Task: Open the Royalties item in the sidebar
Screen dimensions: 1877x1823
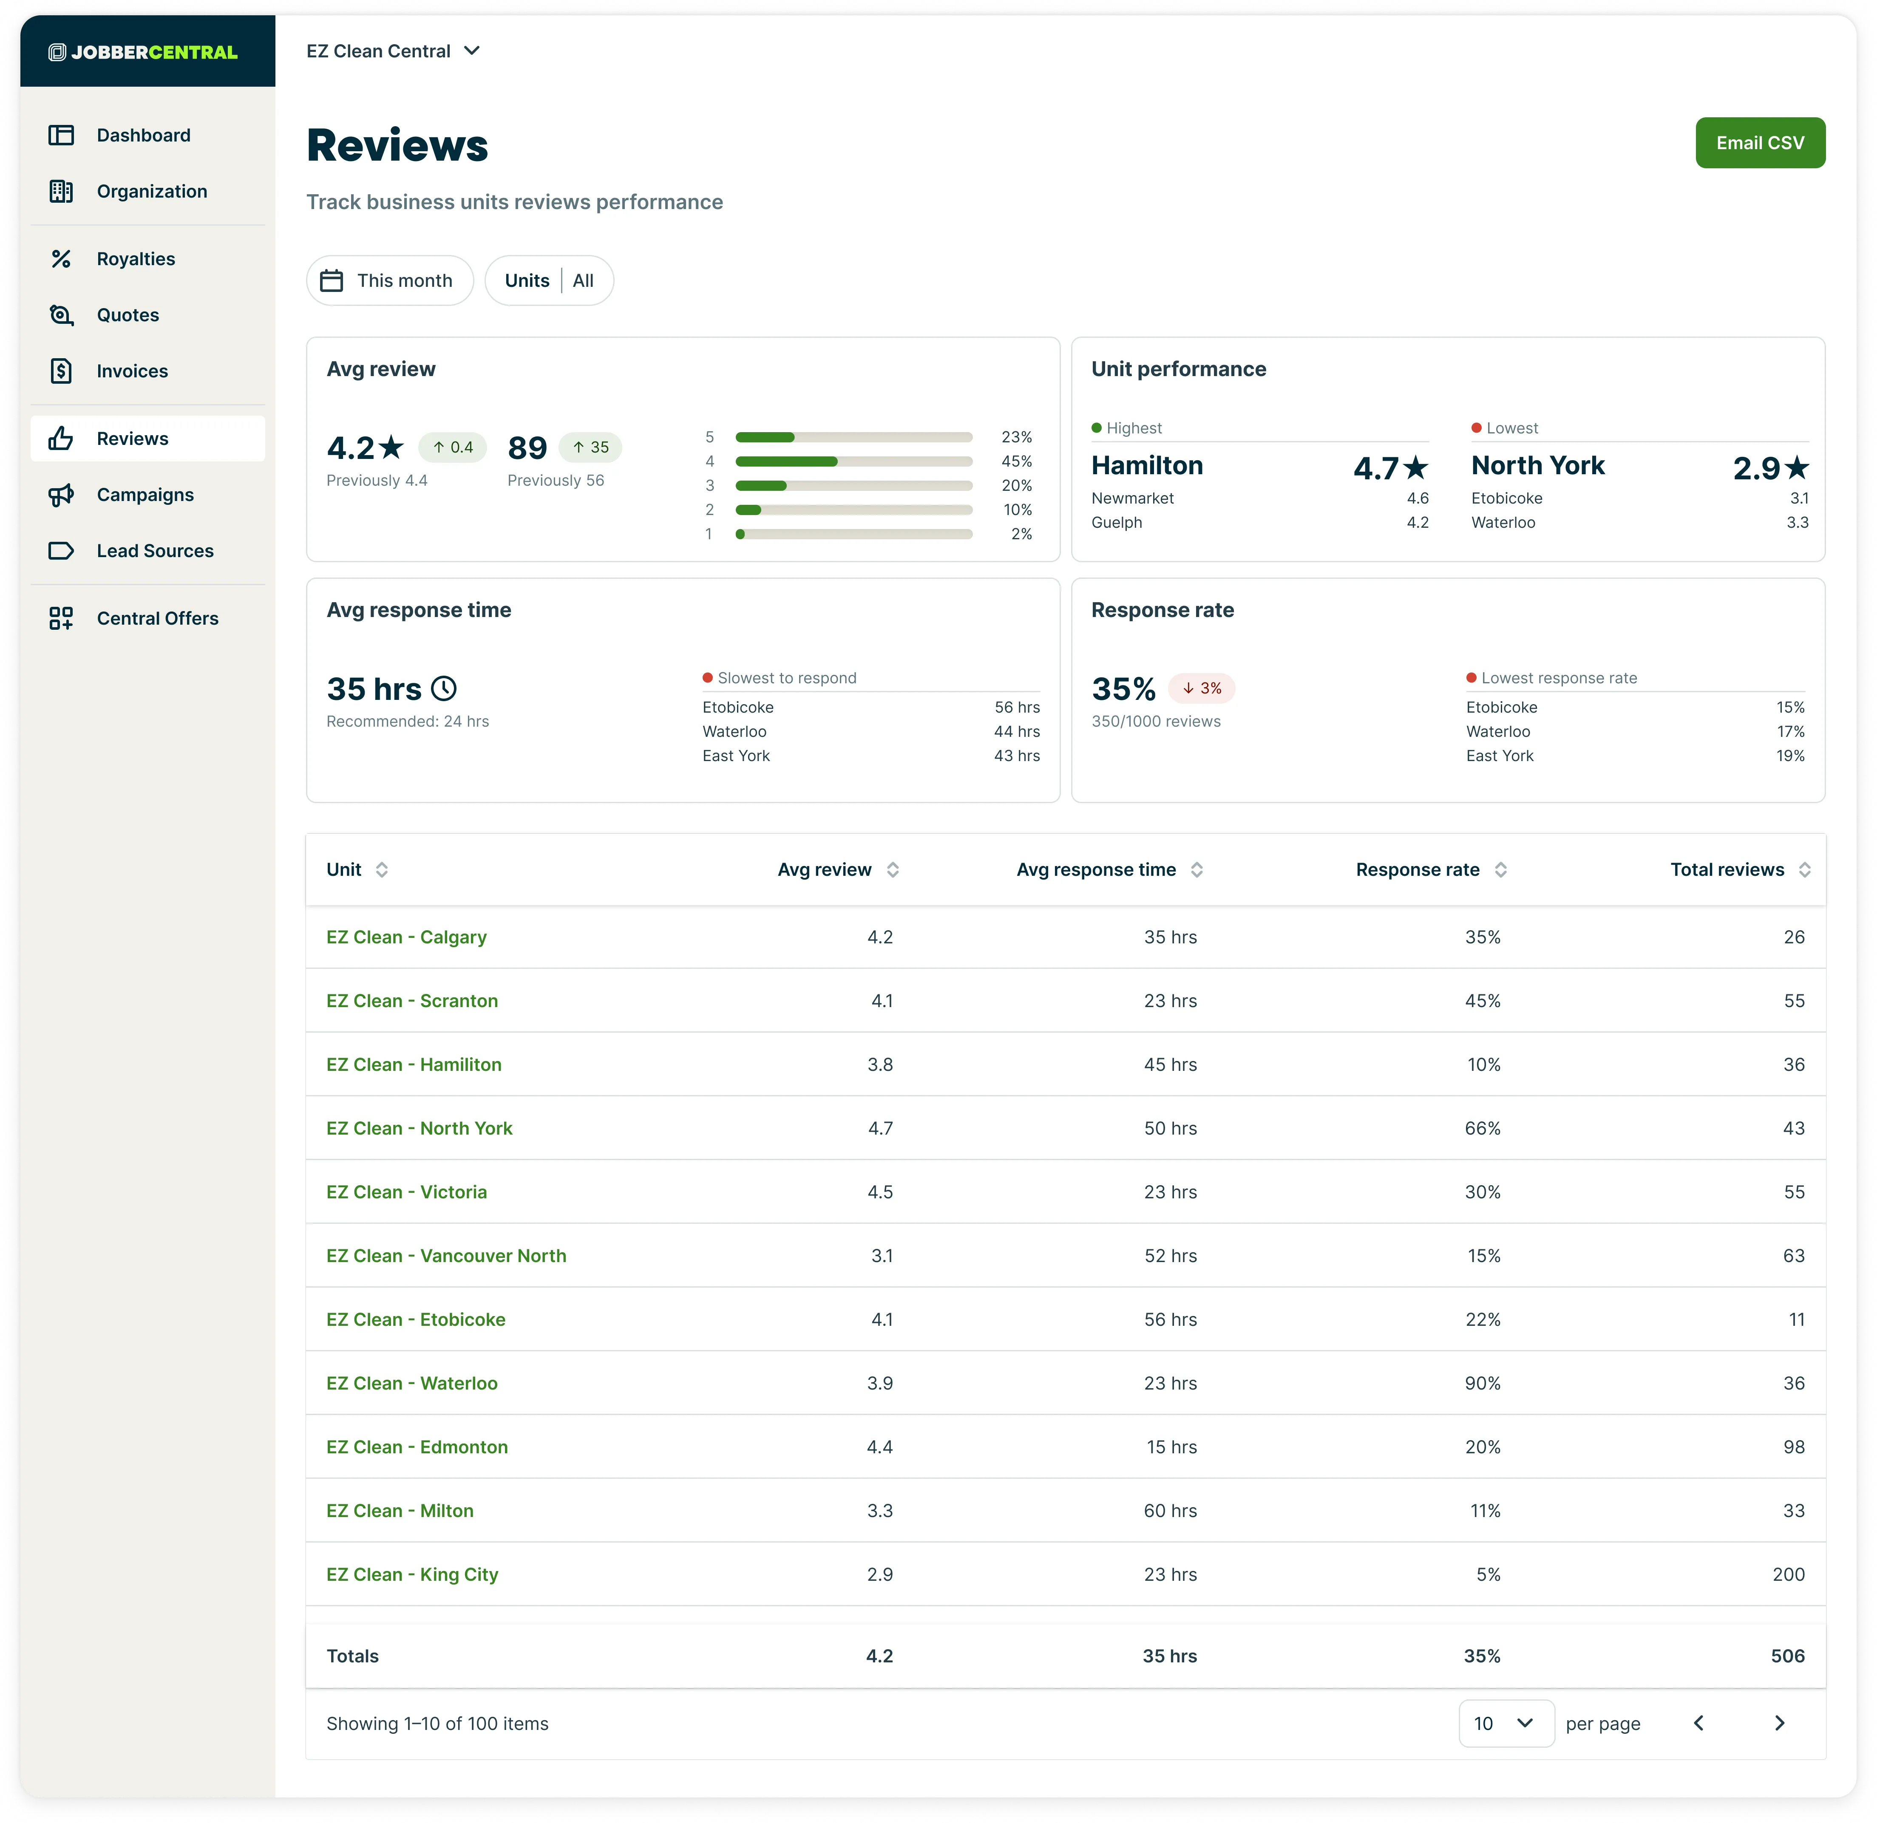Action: [136, 258]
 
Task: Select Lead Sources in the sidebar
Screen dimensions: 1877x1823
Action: [155, 551]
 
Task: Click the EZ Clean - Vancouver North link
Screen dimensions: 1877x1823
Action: [446, 1255]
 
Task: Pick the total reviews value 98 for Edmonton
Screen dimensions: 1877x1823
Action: [1794, 1447]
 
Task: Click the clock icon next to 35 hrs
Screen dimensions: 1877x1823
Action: [443, 688]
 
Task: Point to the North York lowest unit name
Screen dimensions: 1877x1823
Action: [1537, 465]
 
